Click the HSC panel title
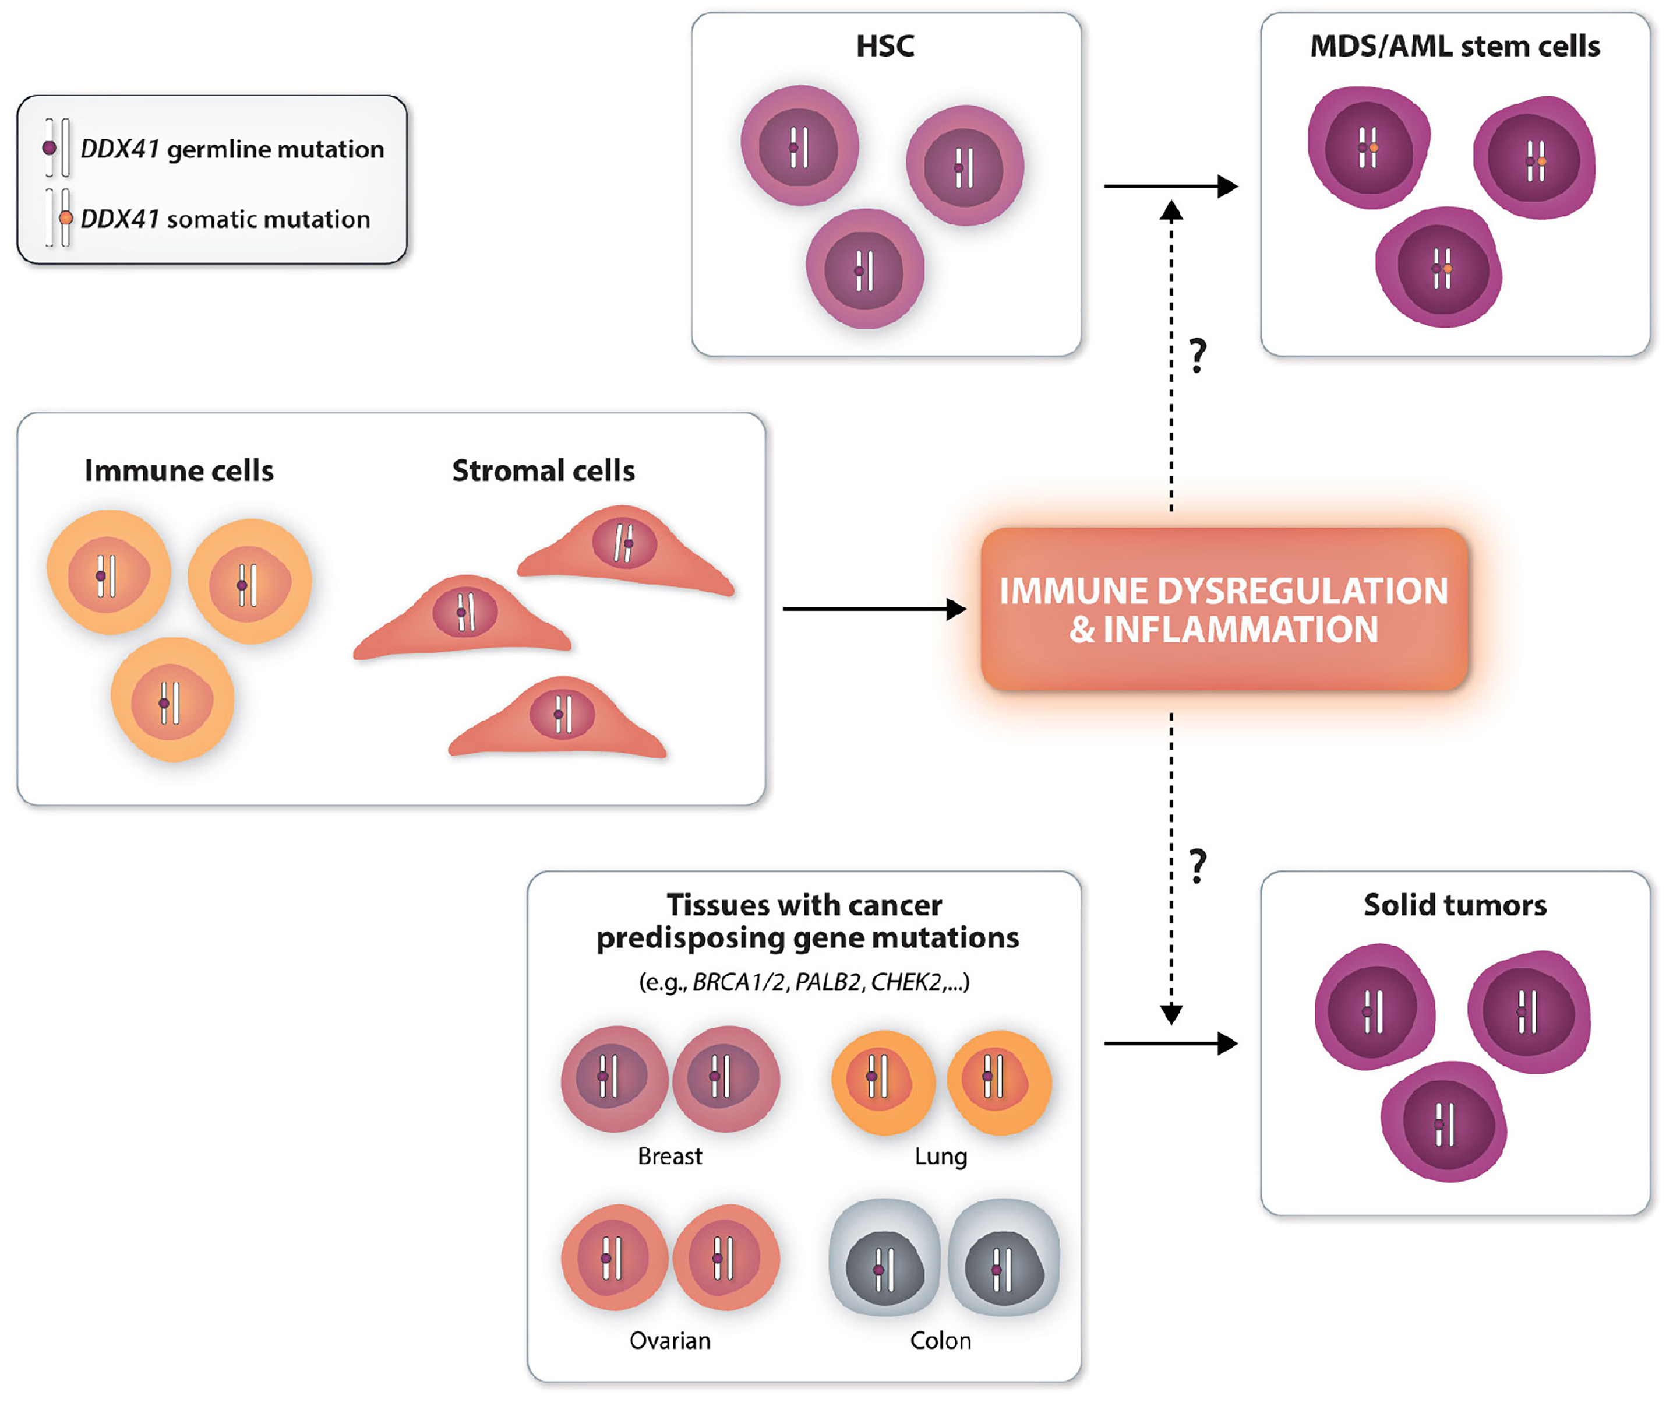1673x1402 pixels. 884,46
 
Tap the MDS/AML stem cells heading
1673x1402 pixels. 1455,46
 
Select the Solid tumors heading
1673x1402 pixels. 1455,905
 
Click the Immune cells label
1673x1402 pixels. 179,470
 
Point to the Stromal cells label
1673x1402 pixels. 543,470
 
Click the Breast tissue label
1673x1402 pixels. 670,1156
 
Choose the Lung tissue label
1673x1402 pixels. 941,1156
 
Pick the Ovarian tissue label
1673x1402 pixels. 670,1341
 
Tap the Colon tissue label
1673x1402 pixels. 941,1341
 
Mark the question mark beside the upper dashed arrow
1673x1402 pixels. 1198,356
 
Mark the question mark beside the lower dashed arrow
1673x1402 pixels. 1198,866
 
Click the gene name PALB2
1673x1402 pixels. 828,982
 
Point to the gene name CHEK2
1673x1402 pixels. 906,982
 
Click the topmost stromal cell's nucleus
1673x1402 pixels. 624,543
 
